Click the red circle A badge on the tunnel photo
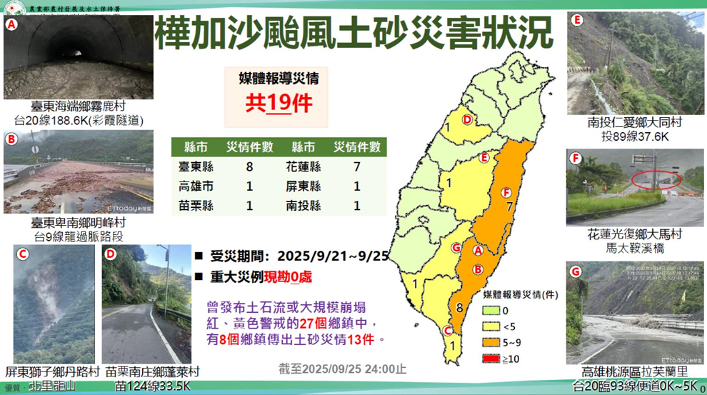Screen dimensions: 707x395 click(12, 24)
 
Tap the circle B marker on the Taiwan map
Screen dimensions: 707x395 click(478, 269)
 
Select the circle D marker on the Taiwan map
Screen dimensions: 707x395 click(467, 120)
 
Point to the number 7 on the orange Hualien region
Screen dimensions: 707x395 click(510, 208)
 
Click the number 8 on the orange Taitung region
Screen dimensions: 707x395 click(460, 308)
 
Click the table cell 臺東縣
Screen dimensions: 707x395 click(196, 167)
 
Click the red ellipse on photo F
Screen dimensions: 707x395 click(656, 180)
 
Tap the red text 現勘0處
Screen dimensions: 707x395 click(289, 276)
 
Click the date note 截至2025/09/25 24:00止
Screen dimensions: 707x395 click(342, 369)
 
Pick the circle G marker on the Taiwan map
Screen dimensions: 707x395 click(456, 248)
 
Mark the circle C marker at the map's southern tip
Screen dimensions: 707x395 click(447, 330)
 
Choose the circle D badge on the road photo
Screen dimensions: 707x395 click(110, 254)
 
